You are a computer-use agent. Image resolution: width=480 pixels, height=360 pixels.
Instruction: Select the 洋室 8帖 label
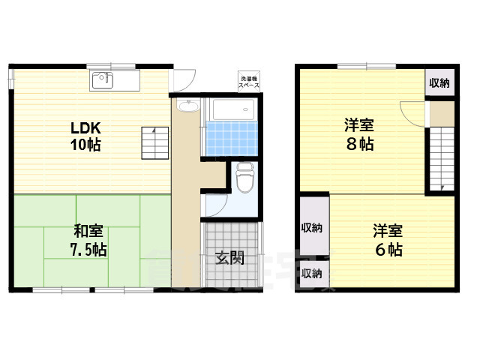point(360,135)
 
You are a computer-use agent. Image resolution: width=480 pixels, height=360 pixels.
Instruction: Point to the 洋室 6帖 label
point(388,240)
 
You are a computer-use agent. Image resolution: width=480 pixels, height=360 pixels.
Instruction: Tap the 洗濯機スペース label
point(249,82)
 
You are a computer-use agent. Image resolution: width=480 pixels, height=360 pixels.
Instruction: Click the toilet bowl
point(245,178)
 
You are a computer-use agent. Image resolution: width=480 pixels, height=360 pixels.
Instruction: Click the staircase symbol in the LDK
point(154,142)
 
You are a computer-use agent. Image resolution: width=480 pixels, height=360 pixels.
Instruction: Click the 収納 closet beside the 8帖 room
point(439,83)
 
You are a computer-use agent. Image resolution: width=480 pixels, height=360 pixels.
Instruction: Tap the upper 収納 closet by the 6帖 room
point(313,227)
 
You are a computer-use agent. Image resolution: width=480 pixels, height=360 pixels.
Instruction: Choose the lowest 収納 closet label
point(312,273)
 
